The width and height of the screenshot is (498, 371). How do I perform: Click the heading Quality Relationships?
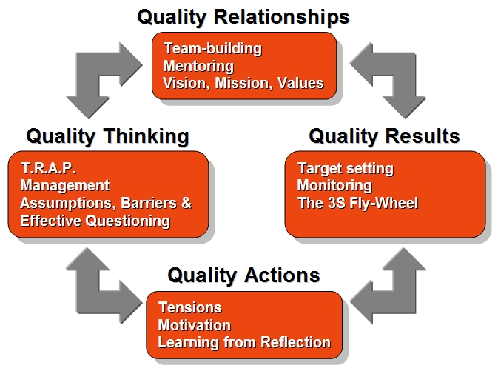[x=243, y=17]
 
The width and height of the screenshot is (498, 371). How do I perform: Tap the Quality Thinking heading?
[x=108, y=136]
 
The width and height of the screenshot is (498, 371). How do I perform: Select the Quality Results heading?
[x=384, y=136]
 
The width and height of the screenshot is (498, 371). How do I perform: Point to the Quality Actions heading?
[x=243, y=275]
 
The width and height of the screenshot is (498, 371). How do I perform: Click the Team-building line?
[x=213, y=49]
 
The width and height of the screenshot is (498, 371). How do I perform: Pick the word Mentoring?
[x=198, y=66]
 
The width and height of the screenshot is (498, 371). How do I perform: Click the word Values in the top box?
[x=300, y=83]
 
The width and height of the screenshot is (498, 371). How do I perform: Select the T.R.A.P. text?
[x=48, y=168]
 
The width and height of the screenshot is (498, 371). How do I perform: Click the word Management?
[x=65, y=185]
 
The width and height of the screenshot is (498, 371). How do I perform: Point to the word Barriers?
[x=149, y=203]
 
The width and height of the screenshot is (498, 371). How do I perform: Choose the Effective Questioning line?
[x=95, y=221]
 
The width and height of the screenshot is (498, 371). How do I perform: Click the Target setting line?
[x=346, y=169]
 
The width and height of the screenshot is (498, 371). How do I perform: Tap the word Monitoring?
[x=334, y=186]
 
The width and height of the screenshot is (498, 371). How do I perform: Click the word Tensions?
[x=190, y=308]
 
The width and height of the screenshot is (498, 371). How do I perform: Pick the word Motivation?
[x=195, y=325]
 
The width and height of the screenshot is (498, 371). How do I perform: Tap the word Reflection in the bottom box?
[x=296, y=343]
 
